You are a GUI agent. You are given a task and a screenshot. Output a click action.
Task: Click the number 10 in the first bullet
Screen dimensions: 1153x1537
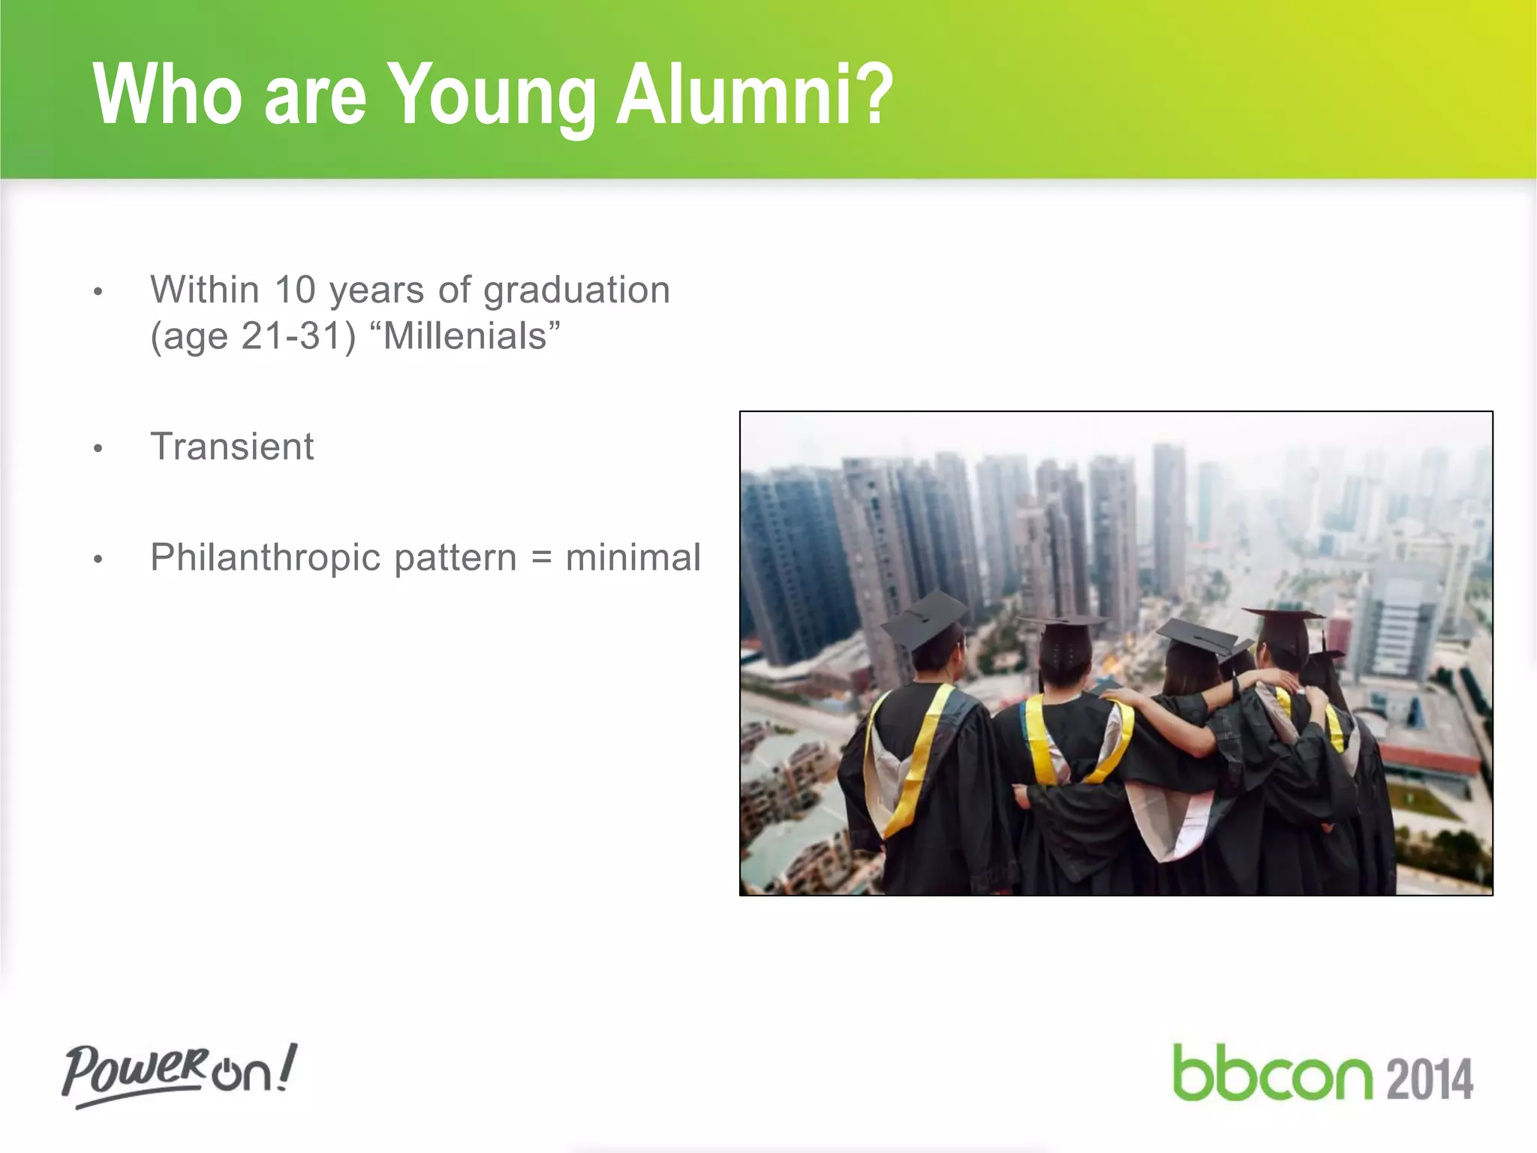tap(295, 290)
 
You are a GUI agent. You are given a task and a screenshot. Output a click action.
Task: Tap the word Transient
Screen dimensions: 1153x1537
tap(232, 447)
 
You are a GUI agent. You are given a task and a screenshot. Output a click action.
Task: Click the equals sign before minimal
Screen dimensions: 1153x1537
tap(541, 558)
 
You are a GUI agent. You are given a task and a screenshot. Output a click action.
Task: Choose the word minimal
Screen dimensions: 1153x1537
tap(633, 558)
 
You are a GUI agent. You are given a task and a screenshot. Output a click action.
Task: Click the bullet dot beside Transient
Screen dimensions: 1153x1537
tap(98, 449)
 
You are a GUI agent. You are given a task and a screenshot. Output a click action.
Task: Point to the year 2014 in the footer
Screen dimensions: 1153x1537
tap(1429, 1079)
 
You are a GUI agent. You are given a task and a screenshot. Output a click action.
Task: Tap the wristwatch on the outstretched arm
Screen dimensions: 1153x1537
tap(1235, 687)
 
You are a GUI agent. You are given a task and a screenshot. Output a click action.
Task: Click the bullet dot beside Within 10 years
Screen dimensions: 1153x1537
tap(98, 292)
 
